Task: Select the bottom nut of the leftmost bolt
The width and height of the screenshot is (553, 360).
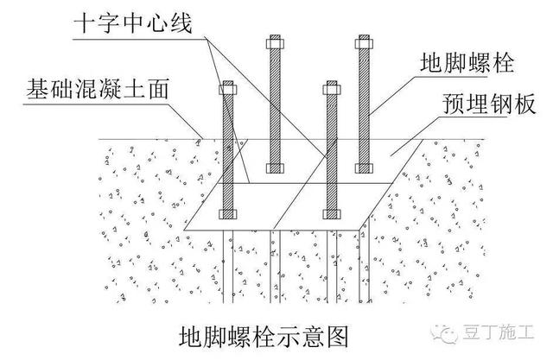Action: [x=227, y=212]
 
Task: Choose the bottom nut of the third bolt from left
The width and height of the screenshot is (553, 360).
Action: [x=329, y=212]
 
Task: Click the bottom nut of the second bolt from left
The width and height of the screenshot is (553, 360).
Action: [x=274, y=166]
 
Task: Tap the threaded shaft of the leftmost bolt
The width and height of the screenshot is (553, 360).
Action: [x=227, y=151]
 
